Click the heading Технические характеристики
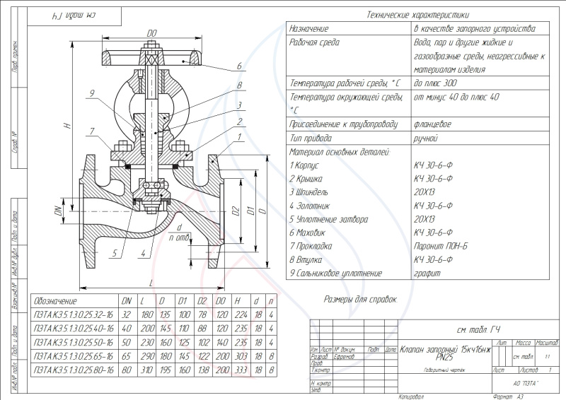click(x=417, y=15)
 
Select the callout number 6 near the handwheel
click(x=239, y=66)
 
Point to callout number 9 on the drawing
click(x=92, y=93)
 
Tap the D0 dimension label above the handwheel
click(x=151, y=33)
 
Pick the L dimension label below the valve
click(x=151, y=283)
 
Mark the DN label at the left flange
click(x=59, y=210)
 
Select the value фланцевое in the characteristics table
click(x=432, y=124)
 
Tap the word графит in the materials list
click(x=427, y=273)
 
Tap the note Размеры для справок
click(x=360, y=300)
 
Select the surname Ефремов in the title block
click(x=345, y=356)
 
